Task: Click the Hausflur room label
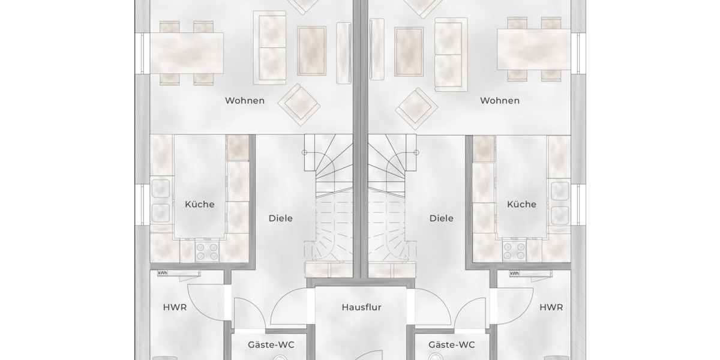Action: click(x=361, y=307)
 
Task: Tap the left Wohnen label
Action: click(x=245, y=100)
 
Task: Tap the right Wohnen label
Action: click(x=500, y=100)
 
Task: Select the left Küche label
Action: click(x=200, y=204)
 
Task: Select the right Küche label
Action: click(x=521, y=204)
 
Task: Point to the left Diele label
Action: click(x=281, y=218)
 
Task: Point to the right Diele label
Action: click(x=442, y=218)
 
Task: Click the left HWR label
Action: click(x=175, y=307)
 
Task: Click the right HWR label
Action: click(x=551, y=307)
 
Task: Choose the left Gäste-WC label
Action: click(x=271, y=344)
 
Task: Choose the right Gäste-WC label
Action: click(x=452, y=344)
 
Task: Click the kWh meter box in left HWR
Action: click(x=162, y=274)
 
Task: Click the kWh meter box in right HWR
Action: click(x=514, y=274)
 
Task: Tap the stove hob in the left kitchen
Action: click(x=207, y=251)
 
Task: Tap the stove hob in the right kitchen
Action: click(x=514, y=251)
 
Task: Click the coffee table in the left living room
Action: click(x=311, y=50)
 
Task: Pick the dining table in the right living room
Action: click(x=534, y=49)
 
